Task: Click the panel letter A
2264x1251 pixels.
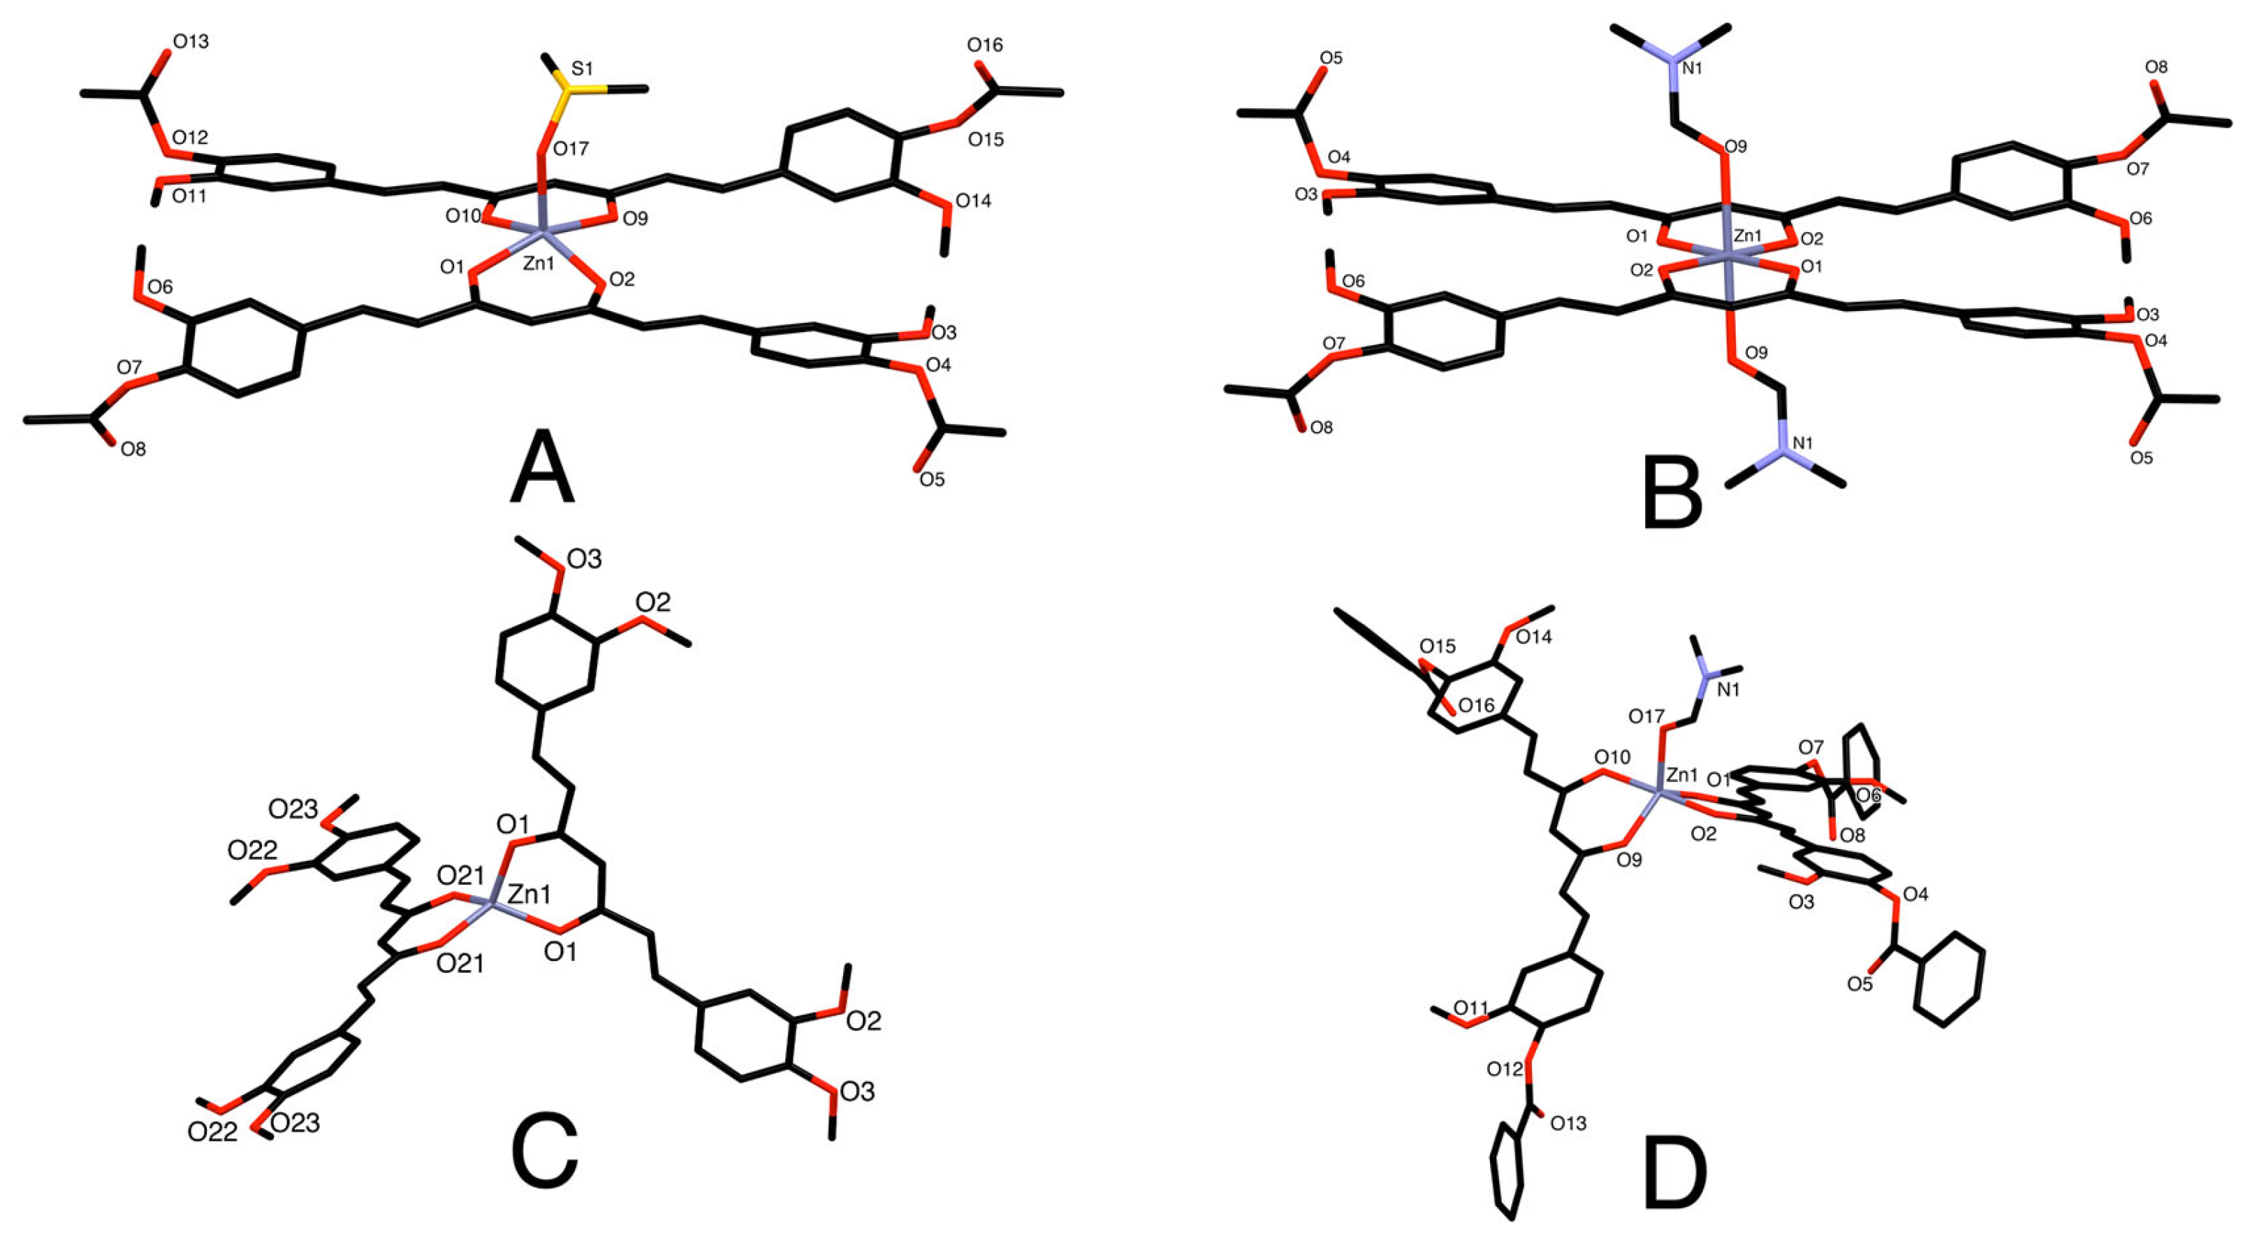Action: tap(541, 468)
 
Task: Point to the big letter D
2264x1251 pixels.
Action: tap(1674, 1176)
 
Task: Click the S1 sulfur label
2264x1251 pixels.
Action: tap(583, 68)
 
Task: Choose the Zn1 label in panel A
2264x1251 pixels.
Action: tap(539, 262)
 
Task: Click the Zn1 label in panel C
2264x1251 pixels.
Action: tap(530, 895)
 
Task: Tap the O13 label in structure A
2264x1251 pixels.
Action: tap(191, 41)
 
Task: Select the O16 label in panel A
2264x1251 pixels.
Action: tap(984, 45)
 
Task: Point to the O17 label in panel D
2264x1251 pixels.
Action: tap(1646, 717)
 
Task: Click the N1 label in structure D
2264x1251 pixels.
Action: tap(1728, 690)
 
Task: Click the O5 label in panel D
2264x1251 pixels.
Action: tap(1860, 984)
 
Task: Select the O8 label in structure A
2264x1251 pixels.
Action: tap(133, 450)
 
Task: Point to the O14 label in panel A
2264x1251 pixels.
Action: tap(973, 201)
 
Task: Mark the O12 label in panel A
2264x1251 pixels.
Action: tap(190, 137)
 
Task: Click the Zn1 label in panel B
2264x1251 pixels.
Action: tap(1747, 236)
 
